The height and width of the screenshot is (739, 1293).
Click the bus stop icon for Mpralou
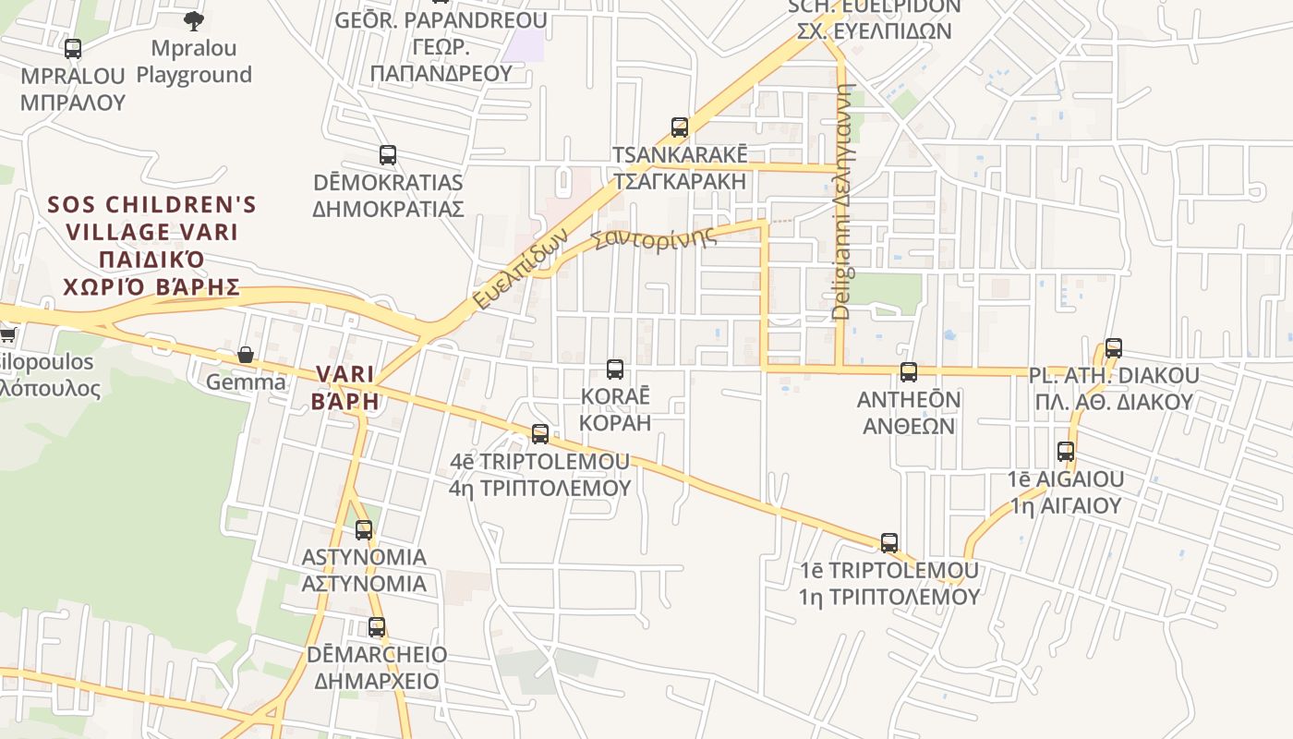(72, 49)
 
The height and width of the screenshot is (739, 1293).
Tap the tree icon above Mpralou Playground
(194, 20)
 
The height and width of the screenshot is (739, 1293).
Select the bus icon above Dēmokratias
(388, 155)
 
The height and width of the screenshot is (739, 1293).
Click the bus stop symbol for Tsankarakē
(680, 127)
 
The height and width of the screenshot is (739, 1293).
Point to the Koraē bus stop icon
(615, 369)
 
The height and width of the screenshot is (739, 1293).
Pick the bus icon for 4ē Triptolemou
(540, 433)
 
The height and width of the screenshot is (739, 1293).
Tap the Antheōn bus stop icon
(909, 372)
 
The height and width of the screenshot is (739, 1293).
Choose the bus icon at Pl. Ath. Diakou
(1114, 348)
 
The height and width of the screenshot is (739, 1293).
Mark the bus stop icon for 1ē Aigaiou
(1066, 452)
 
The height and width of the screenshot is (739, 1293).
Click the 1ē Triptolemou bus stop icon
(889, 542)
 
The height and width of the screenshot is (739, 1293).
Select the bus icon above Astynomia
(364, 530)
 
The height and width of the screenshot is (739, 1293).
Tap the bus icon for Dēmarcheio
(377, 627)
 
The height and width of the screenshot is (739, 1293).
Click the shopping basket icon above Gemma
(246, 355)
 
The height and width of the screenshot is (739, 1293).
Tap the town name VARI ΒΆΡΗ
(346, 387)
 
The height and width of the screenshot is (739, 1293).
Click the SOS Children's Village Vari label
(151, 245)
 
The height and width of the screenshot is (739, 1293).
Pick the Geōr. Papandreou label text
(441, 46)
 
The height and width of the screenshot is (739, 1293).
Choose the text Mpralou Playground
(194, 61)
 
